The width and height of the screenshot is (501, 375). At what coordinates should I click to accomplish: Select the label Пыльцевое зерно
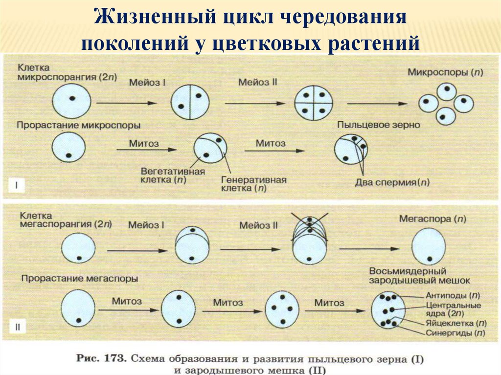pyautogui.click(x=378, y=125)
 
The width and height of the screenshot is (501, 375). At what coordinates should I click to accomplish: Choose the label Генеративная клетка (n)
pyautogui.click(x=253, y=183)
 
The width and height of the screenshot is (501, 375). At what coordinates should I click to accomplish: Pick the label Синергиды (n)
pyautogui.click(x=455, y=333)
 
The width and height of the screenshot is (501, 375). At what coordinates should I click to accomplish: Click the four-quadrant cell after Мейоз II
pyautogui.click(x=313, y=104)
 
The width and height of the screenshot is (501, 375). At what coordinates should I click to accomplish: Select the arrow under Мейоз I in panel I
pyautogui.click(x=126, y=103)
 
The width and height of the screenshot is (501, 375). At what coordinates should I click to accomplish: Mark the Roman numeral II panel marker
pyautogui.click(x=17, y=328)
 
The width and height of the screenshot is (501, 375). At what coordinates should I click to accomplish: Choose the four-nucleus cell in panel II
pyautogui.click(x=282, y=309)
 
